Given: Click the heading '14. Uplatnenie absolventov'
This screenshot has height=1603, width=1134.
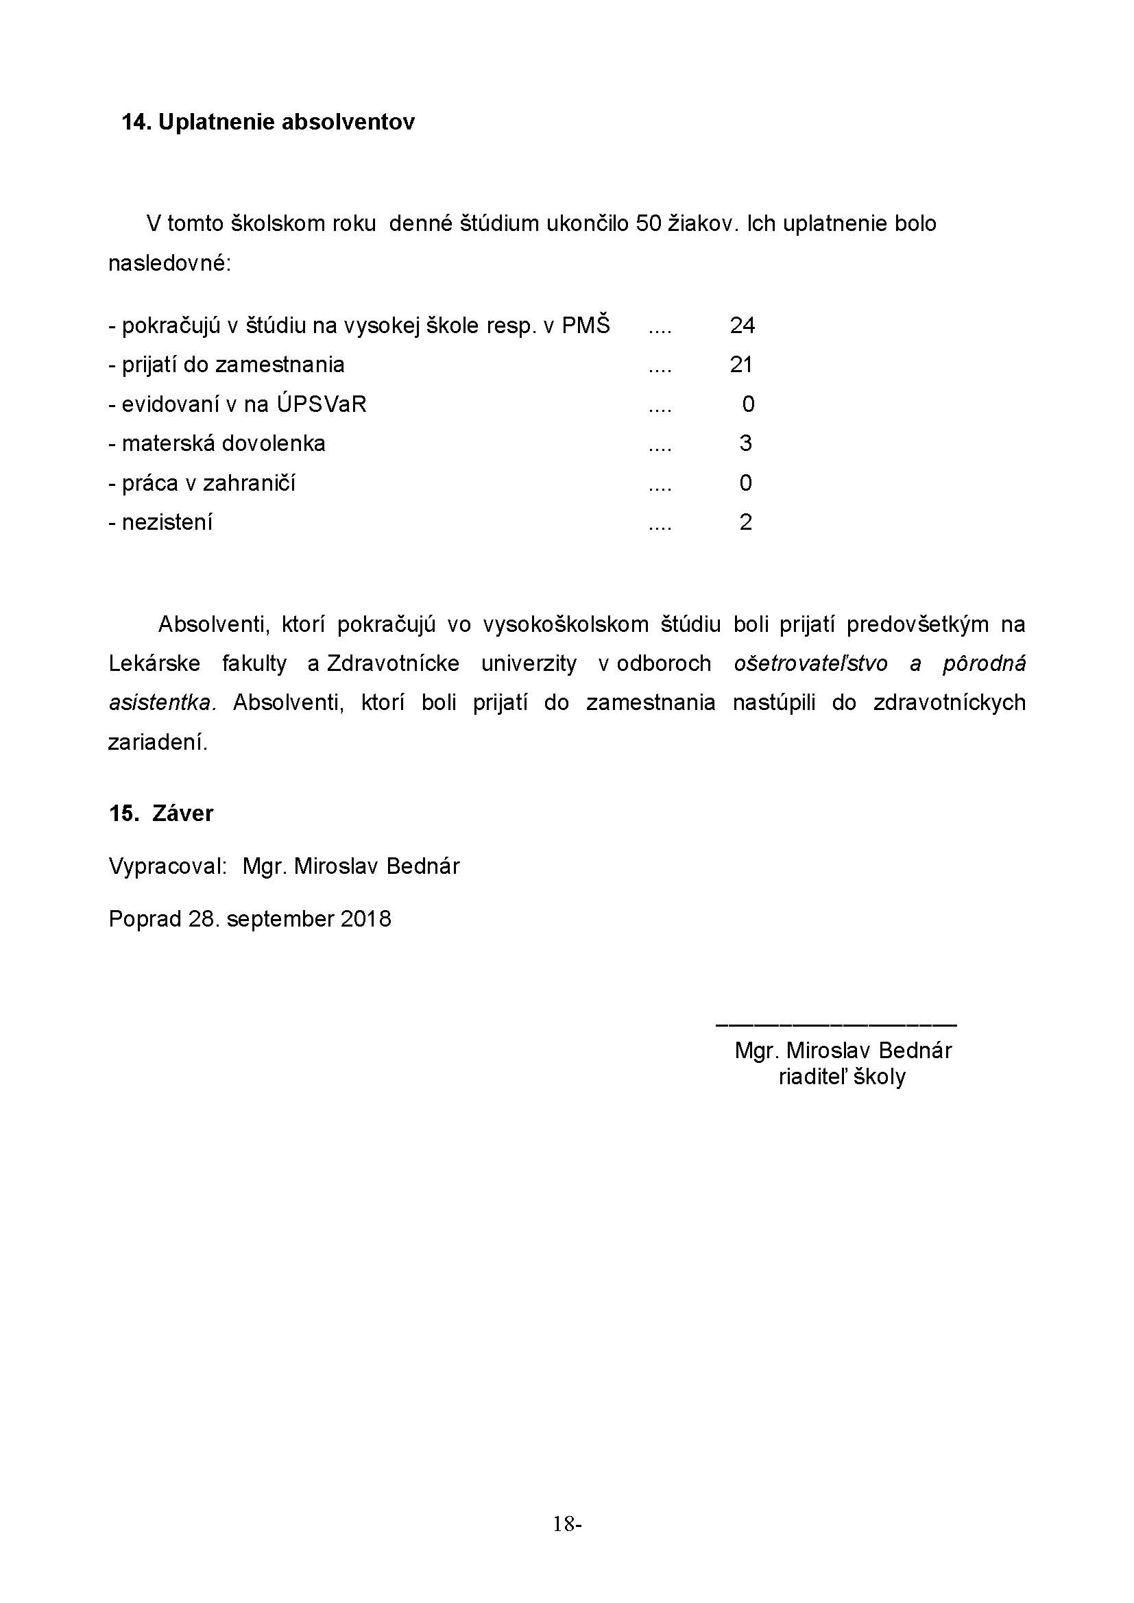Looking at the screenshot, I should (268, 122).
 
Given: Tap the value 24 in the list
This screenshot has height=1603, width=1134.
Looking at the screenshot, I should (743, 326).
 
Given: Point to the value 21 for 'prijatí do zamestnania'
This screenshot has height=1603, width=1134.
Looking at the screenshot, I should (742, 365).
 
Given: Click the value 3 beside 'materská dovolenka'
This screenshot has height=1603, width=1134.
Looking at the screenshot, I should (746, 443).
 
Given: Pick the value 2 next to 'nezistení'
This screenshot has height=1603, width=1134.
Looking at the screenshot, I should (746, 522).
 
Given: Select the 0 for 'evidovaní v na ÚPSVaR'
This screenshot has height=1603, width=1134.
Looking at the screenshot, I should (748, 404).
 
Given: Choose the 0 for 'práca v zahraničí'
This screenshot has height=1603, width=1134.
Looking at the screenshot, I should (746, 483).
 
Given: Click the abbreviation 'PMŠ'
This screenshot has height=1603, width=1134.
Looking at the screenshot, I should (586, 326).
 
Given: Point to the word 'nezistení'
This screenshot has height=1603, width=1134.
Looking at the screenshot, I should (167, 522).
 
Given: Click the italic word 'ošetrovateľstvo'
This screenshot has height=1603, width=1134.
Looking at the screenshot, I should (810, 663).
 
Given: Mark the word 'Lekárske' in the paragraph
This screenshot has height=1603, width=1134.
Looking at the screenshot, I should (154, 663).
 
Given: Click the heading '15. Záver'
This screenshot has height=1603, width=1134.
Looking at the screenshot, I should (160, 813).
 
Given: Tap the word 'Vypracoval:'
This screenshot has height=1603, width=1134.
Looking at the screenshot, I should (168, 866).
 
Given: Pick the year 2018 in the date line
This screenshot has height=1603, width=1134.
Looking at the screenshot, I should (366, 919).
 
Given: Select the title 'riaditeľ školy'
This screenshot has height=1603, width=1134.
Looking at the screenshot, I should (842, 1077).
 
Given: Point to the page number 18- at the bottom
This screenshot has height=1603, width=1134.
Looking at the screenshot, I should (567, 1524).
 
